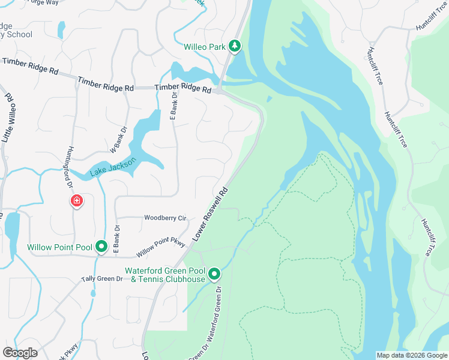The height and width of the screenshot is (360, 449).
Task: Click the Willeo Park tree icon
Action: [235, 46]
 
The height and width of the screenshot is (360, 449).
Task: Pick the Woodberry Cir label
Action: [165, 218]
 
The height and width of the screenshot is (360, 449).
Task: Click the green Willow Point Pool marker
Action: [102, 246]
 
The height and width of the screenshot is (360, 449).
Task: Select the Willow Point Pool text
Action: [59, 247]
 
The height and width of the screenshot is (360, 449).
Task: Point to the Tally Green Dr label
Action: [106, 279]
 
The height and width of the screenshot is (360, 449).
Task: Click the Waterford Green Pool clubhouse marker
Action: [214, 275]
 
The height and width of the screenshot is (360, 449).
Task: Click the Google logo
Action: [20, 353]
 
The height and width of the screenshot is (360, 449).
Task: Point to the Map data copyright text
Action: [411, 355]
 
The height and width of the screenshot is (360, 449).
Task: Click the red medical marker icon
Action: [77, 200]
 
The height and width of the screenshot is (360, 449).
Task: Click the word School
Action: [20, 34]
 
